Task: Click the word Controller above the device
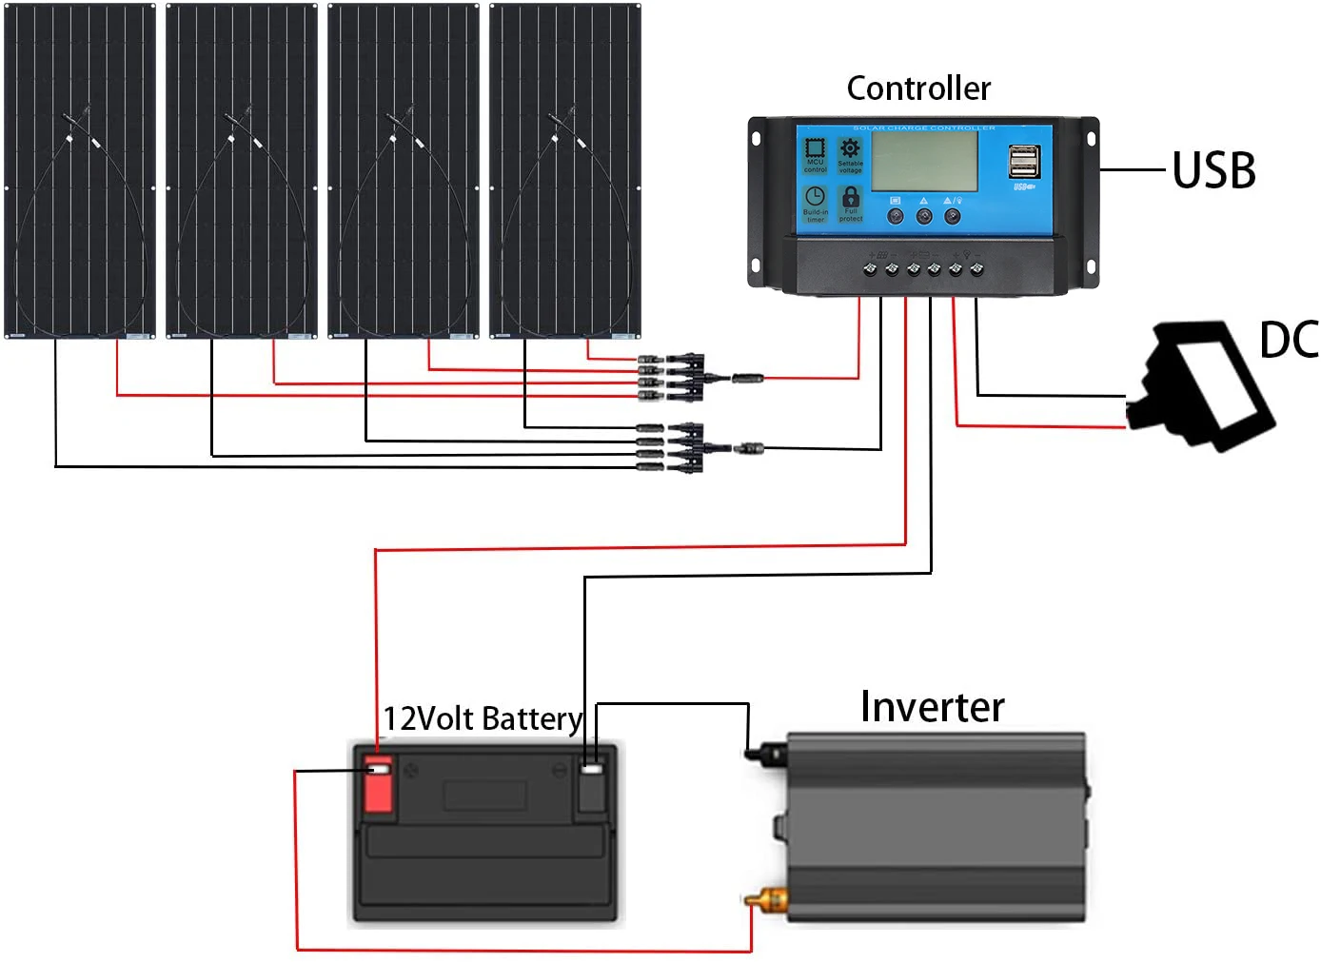[918, 88]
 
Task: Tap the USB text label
[1213, 171]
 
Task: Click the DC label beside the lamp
[1289, 340]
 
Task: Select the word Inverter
[932, 707]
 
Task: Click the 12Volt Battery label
[482, 718]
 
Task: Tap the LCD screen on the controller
[924, 160]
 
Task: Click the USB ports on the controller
[1024, 162]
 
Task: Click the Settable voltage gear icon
[850, 148]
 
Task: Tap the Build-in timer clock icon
[815, 196]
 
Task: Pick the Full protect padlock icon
[851, 198]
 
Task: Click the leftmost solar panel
[80, 170]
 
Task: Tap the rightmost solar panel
[565, 170]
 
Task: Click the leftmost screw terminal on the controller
[870, 269]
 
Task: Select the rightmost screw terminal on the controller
[976, 269]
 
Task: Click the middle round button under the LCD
[923, 217]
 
